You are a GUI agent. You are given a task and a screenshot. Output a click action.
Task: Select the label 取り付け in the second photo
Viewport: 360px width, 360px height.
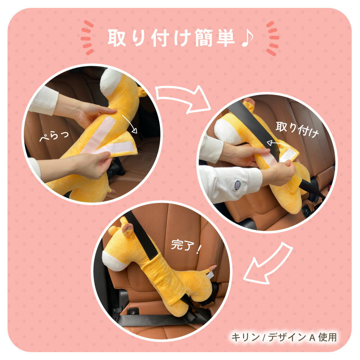tap(297, 129)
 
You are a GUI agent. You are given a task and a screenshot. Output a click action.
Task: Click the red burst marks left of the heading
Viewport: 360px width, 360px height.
tap(87, 37)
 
